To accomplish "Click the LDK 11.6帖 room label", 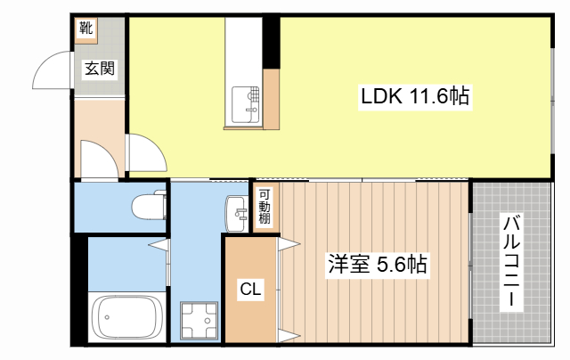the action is click(x=415, y=96).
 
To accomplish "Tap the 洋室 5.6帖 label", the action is click(x=377, y=265).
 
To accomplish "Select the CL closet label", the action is click(x=250, y=290).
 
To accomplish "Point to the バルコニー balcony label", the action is click(x=511, y=262).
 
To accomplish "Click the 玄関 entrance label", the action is click(x=100, y=69).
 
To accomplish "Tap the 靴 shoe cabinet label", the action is click(x=86, y=28).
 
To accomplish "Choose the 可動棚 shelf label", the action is click(x=265, y=208).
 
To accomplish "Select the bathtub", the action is click(x=126, y=317).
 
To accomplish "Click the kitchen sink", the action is click(x=246, y=105).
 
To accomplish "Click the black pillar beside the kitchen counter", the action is click(x=271, y=42).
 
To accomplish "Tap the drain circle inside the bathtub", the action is click(x=107, y=317).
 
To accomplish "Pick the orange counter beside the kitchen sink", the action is click(x=271, y=99).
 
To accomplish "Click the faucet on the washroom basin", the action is click(x=240, y=213).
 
